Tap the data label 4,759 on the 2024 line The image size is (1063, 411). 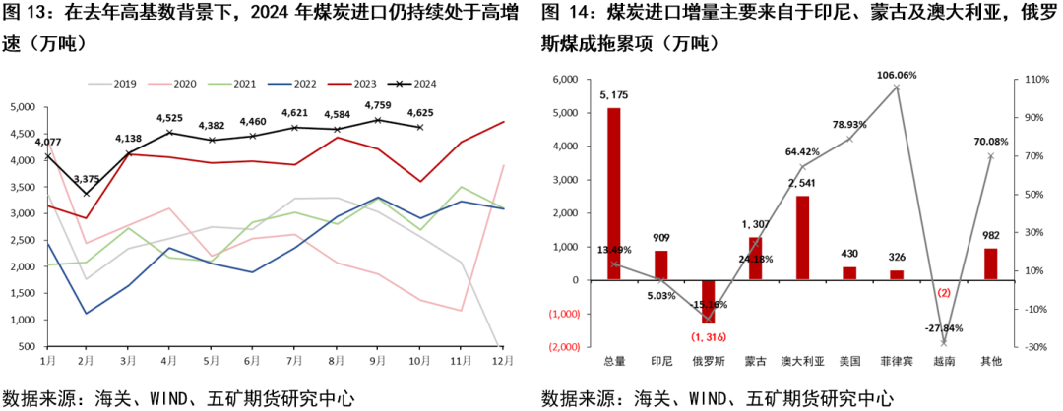pos(379,105)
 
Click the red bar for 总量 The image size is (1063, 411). pos(613,194)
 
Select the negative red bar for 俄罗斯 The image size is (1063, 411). pos(708,302)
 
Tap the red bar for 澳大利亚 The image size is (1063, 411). pos(802,238)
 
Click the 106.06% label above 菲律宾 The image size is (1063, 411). pos(896,75)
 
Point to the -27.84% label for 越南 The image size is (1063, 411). pos(943,327)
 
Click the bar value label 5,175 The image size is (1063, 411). pos(613,95)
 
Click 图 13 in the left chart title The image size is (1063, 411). pos(28,15)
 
